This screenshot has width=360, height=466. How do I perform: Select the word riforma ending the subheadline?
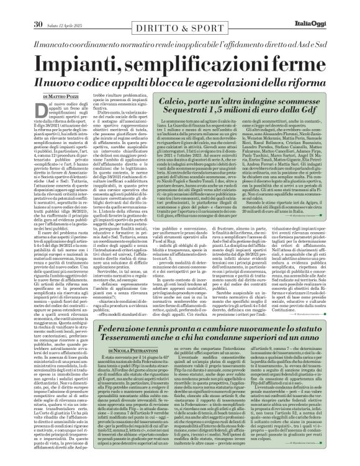316,81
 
